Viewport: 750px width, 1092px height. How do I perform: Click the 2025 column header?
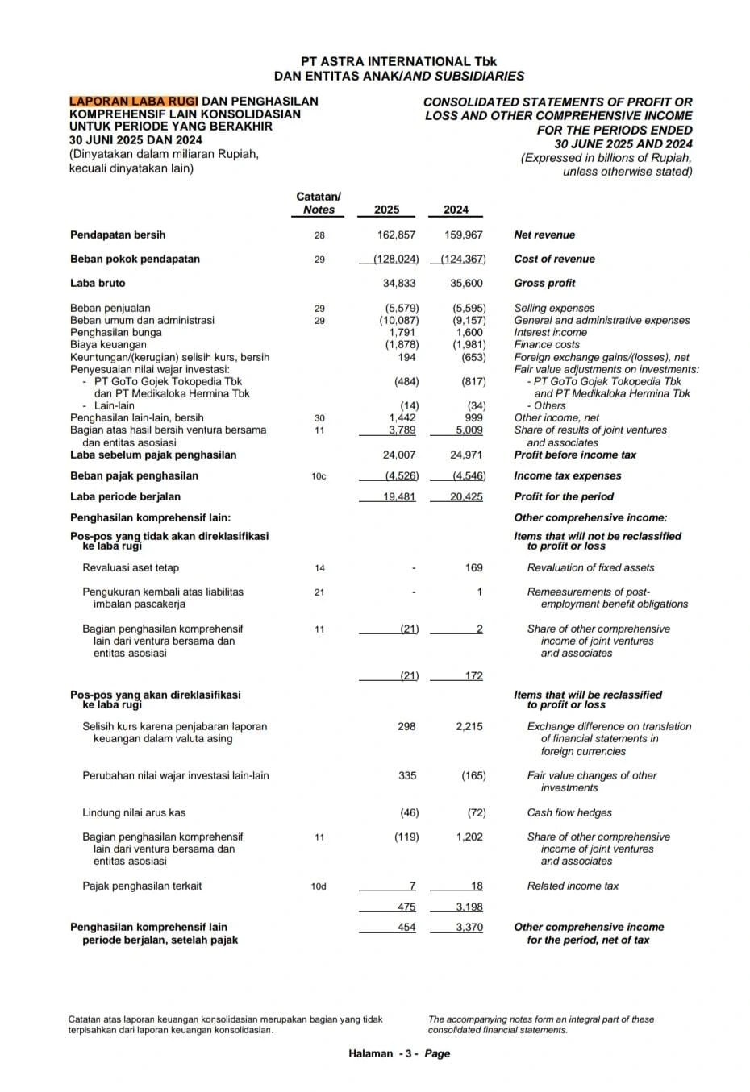[386, 210]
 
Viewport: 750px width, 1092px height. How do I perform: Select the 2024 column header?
[456, 210]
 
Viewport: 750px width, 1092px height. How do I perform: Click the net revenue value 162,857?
[396, 235]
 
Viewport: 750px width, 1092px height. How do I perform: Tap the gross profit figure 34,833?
[400, 283]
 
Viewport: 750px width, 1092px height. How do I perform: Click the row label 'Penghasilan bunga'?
[116, 332]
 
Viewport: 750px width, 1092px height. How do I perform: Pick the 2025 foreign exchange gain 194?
[406, 357]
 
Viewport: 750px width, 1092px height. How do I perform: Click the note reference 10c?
[319, 476]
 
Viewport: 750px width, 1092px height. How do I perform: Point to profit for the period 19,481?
[399, 496]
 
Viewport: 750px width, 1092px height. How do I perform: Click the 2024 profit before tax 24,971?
[465, 455]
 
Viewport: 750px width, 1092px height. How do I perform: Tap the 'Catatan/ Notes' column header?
[319, 203]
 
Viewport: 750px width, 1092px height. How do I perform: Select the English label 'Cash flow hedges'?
[569, 812]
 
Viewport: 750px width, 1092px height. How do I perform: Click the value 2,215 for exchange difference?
[469, 726]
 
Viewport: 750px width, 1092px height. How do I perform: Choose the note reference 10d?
[319, 886]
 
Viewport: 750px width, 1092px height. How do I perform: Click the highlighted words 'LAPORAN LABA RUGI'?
[134, 102]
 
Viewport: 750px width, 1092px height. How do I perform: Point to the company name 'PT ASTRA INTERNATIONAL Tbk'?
[399, 61]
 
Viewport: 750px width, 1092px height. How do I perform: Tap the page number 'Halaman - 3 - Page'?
[399, 1053]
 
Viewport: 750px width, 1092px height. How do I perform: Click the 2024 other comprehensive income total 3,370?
[469, 927]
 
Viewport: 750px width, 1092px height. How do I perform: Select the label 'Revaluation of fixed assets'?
[590, 567]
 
